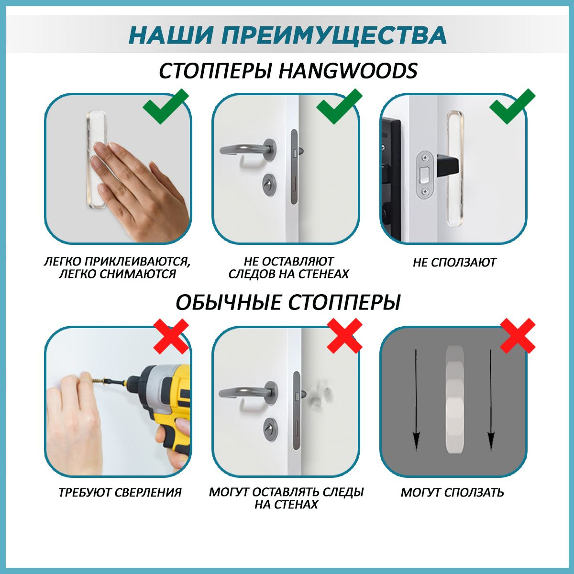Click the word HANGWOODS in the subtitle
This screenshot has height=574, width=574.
(x=348, y=71)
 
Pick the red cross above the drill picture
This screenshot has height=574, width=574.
(x=170, y=336)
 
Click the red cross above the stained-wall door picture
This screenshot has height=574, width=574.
(x=344, y=336)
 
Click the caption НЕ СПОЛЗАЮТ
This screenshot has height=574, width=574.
(x=454, y=263)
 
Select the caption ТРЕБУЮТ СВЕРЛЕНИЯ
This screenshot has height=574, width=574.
(x=120, y=492)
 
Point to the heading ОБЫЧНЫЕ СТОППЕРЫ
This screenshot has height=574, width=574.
(x=287, y=302)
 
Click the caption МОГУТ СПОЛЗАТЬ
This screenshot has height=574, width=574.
(x=452, y=492)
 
